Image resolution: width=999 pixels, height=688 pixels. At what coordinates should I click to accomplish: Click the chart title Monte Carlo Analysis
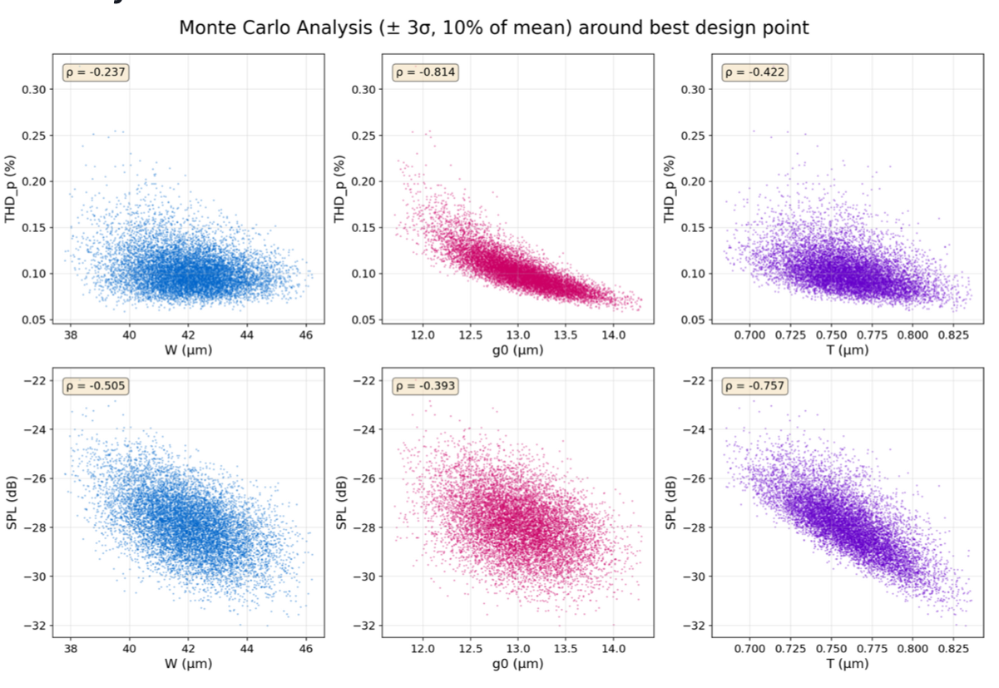click(494, 27)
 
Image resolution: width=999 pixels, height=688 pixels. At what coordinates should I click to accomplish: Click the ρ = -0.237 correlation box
click(96, 72)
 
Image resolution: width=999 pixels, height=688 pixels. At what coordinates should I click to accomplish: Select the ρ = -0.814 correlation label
click(425, 72)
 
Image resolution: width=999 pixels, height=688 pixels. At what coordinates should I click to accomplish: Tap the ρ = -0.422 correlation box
click(754, 72)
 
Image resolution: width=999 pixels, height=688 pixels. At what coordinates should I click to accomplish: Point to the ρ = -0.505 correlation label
click(96, 386)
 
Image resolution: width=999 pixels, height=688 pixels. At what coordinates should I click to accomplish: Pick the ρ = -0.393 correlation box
click(425, 386)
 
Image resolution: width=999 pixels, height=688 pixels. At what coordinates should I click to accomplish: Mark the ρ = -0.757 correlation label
click(754, 386)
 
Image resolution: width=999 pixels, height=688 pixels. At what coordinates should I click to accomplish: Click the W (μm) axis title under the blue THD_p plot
click(188, 350)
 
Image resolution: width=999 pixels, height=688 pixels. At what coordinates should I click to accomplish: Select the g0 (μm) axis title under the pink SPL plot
click(517, 663)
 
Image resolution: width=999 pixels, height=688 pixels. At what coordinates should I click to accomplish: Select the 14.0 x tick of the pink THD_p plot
click(613, 334)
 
